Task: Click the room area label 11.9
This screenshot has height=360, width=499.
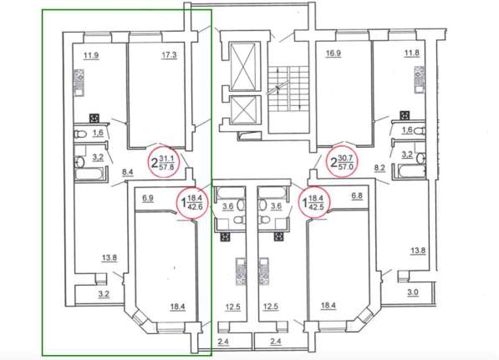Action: [x=91, y=56]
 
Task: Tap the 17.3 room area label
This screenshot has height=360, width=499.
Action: [x=169, y=55]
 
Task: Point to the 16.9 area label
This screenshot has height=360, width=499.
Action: [x=334, y=53]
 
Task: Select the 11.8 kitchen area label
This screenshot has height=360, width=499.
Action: [x=412, y=53]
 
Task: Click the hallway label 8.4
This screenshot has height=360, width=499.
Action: [x=128, y=172]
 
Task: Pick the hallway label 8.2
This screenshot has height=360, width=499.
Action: [x=380, y=168]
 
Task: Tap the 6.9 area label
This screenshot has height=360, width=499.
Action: [x=148, y=199]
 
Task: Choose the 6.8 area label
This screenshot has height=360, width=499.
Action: [x=357, y=196]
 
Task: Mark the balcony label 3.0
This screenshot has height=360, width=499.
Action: [x=413, y=292]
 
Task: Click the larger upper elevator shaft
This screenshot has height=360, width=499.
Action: [x=243, y=67]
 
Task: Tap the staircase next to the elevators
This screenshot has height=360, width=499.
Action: [x=288, y=89]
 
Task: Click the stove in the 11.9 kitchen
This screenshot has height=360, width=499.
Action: [x=79, y=83]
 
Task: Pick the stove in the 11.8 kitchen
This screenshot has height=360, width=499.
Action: [x=419, y=79]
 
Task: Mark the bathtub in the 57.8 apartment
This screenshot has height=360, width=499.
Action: [x=89, y=175]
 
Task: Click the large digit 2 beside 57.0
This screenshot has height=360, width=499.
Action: [x=334, y=163]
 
